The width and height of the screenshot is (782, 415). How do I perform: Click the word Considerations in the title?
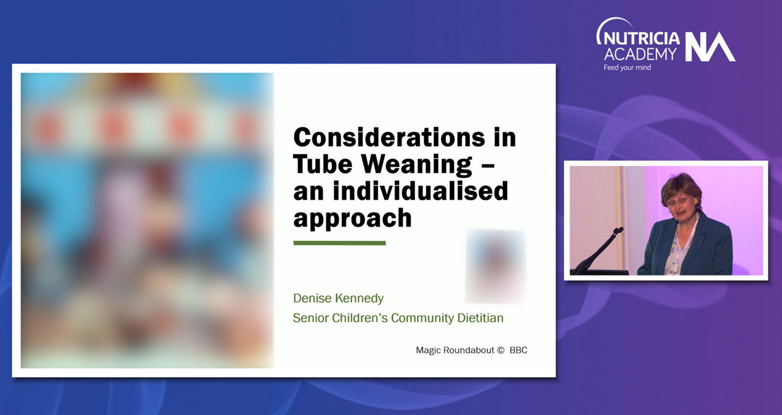click(389, 137)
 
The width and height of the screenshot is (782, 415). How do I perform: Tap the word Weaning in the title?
click(417, 164)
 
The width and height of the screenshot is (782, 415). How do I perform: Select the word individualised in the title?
click(420, 190)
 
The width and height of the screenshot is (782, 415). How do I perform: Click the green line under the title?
click(339, 243)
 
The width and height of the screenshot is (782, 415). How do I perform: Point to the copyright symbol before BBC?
click(500, 350)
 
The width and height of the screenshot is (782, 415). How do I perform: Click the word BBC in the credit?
click(519, 350)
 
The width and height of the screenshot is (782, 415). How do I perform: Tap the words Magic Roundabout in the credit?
click(455, 350)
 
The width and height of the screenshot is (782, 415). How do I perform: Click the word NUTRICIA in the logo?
click(641, 38)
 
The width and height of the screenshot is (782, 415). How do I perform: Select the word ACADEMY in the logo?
click(640, 54)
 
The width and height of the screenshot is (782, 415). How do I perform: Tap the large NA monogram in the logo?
click(710, 47)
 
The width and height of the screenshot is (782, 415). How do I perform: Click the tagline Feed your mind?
click(627, 68)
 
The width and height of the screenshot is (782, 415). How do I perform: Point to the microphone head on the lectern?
click(618, 231)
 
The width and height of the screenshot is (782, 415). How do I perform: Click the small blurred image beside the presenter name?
click(495, 266)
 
